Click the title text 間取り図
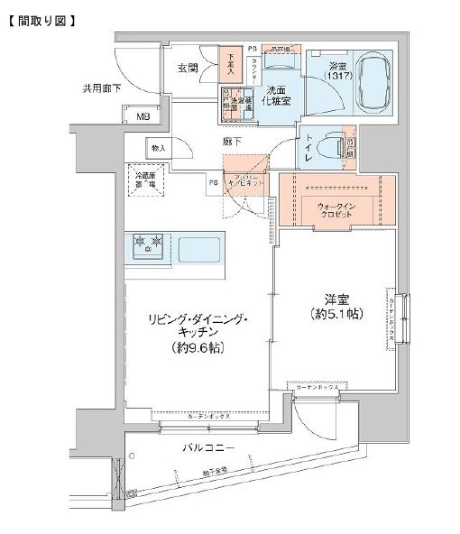(x=41, y=18)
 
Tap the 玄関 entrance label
(x=188, y=68)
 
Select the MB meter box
(x=143, y=115)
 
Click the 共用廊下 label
(x=101, y=88)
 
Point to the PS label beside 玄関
(x=252, y=47)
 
